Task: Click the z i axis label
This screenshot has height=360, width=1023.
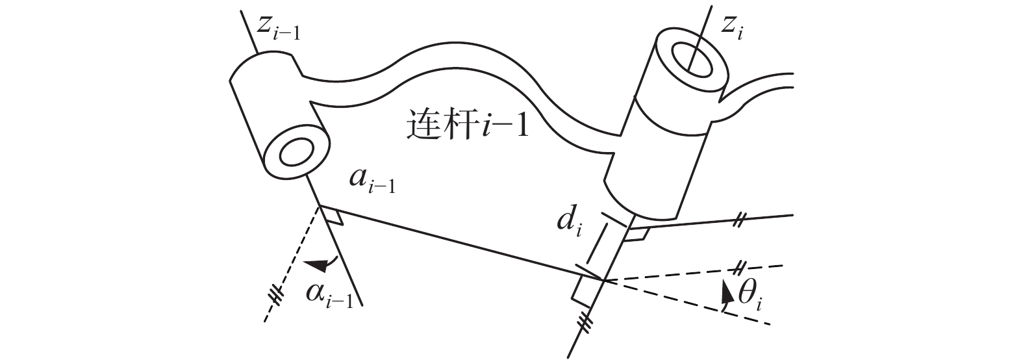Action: pyautogui.click(x=732, y=27)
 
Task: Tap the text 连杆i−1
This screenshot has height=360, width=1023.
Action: pyautogui.click(x=467, y=125)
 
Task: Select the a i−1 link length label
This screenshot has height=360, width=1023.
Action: pyautogui.click(x=372, y=181)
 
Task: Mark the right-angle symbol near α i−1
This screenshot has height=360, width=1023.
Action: pyautogui.click(x=334, y=217)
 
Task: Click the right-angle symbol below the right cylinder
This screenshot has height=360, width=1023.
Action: pyautogui.click(x=636, y=234)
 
